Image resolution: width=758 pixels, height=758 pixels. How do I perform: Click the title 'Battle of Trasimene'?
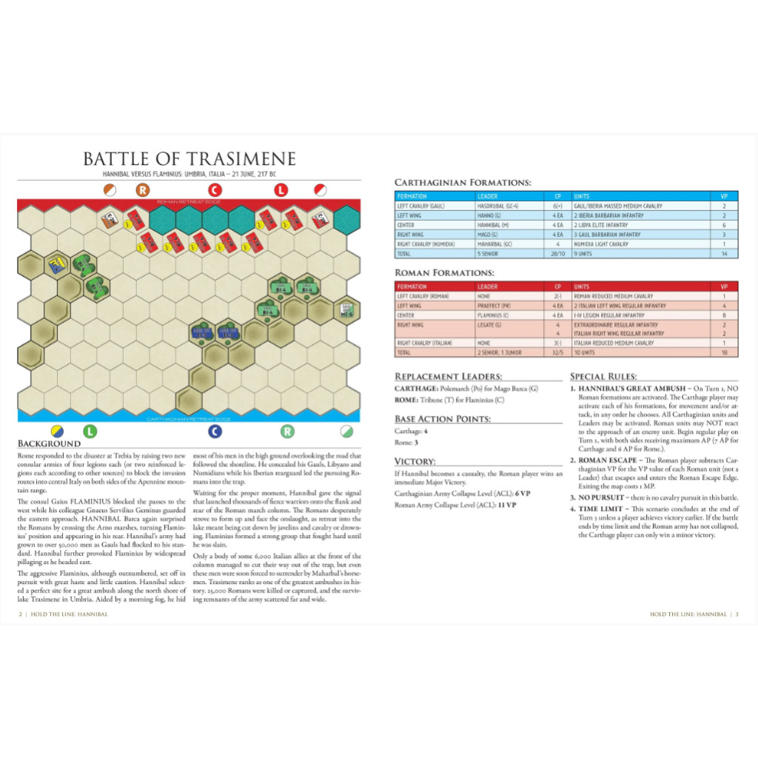click(x=189, y=159)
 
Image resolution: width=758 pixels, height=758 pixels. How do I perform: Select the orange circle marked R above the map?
click(x=143, y=189)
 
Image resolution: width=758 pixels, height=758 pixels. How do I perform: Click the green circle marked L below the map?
click(x=89, y=431)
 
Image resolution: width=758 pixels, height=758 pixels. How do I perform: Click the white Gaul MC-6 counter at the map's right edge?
click(x=346, y=309)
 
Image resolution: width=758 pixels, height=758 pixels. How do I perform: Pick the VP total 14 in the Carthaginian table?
click(x=724, y=253)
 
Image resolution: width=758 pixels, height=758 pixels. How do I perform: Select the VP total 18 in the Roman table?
click(x=724, y=353)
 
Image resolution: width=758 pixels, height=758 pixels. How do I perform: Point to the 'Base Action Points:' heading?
click(x=442, y=418)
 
